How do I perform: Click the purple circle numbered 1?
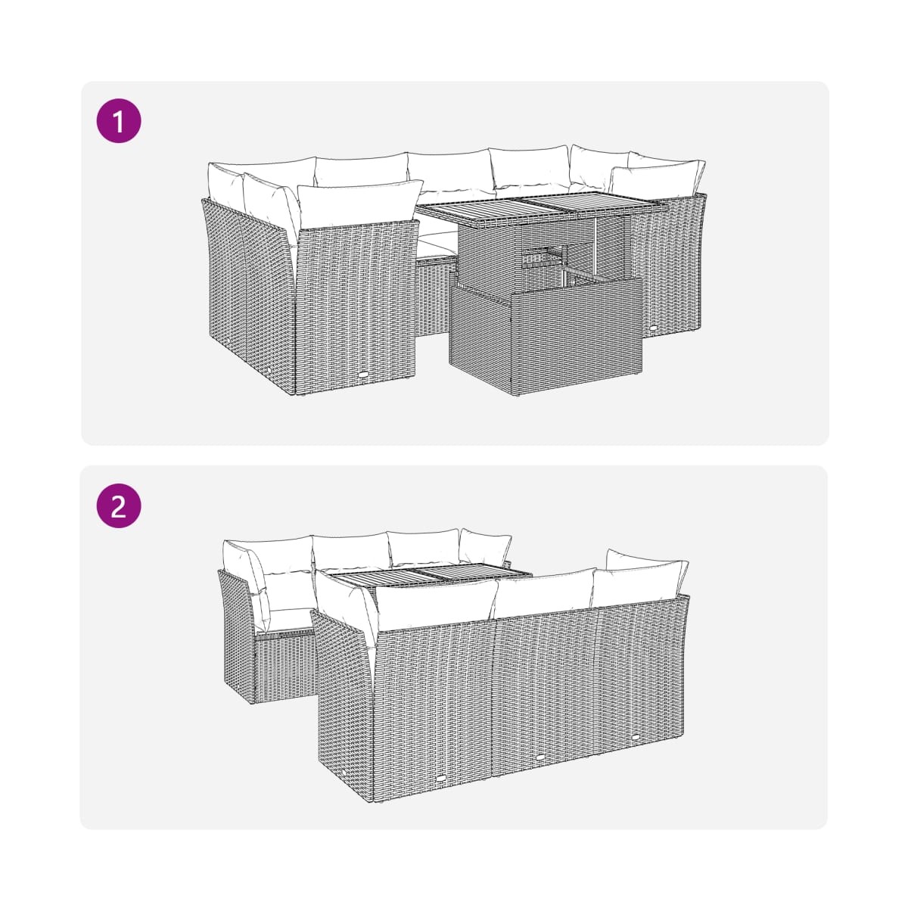(119, 120)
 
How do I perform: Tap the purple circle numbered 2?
(119, 505)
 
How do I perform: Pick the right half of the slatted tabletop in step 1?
(592, 206)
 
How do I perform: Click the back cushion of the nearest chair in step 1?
(359, 204)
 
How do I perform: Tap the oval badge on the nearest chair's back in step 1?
(364, 375)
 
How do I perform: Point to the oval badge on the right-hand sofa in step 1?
(654, 327)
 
